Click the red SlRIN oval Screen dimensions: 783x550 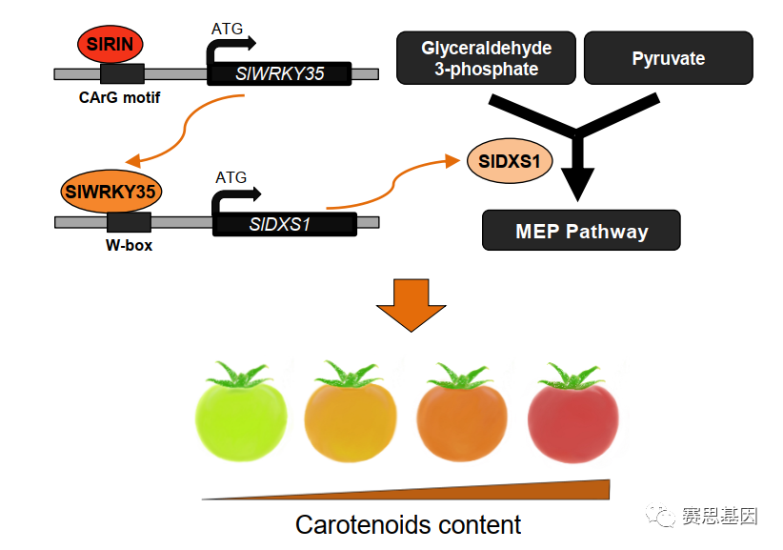(110, 44)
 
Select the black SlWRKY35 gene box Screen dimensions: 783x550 (279, 73)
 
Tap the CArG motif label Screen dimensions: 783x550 (119, 97)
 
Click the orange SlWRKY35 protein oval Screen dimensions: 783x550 (110, 192)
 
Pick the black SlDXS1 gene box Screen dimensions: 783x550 (285, 224)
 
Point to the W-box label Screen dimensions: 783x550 (129, 245)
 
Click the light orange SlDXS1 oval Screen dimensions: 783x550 (510, 161)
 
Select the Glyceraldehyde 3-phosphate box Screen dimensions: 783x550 (486, 58)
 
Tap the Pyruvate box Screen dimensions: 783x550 (668, 58)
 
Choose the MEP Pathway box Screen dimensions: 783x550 (581, 231)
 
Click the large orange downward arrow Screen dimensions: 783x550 (411, 305)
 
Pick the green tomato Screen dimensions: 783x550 (241, 411)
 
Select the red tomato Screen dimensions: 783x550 (573, 413)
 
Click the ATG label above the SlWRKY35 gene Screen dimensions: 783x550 (227, 29)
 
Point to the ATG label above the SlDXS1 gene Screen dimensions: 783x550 (231, 177)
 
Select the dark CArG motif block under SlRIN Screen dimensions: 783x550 (122, 74)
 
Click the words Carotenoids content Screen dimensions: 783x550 (408, 525)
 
